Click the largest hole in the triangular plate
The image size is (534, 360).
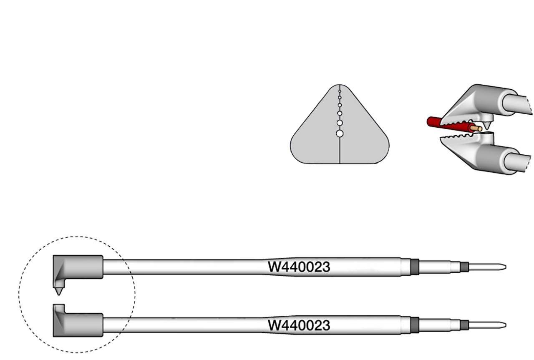340,133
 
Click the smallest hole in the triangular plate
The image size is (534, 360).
340,91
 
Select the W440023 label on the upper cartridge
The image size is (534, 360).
299,267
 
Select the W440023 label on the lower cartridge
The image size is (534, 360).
299,325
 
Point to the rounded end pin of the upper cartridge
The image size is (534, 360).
488,266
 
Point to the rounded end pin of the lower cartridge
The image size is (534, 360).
488,325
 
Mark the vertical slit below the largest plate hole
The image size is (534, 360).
340,150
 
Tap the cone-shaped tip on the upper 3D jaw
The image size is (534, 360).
487,123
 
